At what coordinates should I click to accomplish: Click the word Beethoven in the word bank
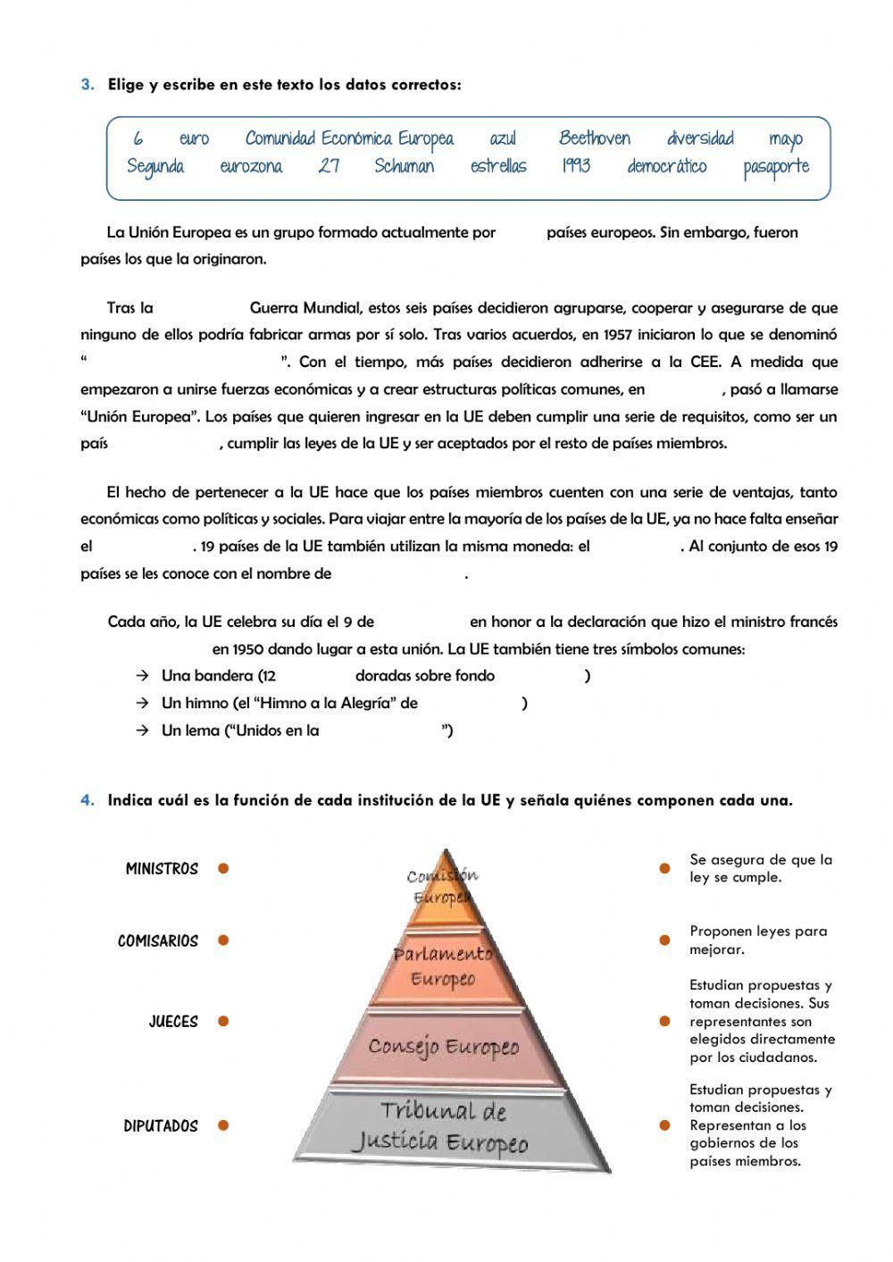(594, 138)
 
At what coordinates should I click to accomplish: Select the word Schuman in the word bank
(404, 166)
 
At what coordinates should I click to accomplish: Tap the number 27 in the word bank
(329, 166)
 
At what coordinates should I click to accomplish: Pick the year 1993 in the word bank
(576, 166)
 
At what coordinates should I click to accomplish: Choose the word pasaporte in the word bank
(775, 167)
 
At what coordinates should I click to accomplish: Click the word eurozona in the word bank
(251, 166)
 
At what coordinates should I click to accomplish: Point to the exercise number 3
(87, 85)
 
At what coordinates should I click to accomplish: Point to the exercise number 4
(87, 800)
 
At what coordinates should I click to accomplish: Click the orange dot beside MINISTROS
(223, 868)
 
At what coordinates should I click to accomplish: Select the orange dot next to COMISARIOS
(223, 940)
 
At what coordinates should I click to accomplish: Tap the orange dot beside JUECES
(223, 1021)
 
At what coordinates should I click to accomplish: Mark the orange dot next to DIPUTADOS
(223, 1125)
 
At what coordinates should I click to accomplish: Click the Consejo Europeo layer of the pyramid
(444, 1047)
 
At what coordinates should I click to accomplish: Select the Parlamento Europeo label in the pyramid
(444, 966)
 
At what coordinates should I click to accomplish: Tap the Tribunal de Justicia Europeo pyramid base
(442, 1127)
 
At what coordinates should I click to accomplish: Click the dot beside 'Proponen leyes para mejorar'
(664, 940)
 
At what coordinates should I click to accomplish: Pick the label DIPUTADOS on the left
(161, 1126)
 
